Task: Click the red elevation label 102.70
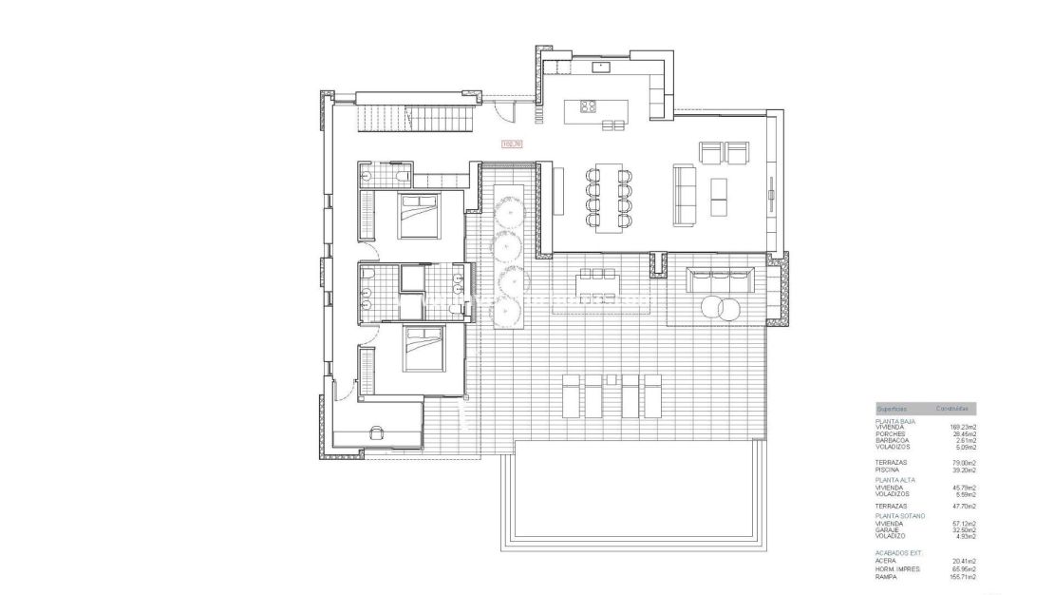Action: [512, 144]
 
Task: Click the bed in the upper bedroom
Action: [417, 214]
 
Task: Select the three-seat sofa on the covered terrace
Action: [720, 279]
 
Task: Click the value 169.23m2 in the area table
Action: [963, 427]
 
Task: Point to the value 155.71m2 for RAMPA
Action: [963, 576]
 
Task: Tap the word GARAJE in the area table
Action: [888, 529]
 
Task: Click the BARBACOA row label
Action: [893, 440]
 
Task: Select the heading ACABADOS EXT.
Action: [898, 552]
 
